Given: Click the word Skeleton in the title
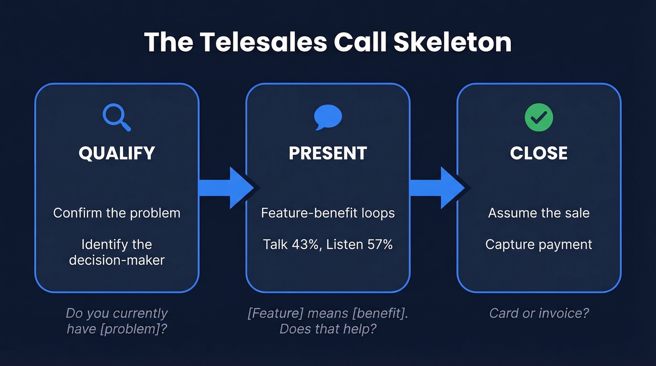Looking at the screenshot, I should point(452,42).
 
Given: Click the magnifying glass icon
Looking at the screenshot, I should point(117,117).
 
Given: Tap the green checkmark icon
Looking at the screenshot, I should point(539,117).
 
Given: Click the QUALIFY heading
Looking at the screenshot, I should point(117,154).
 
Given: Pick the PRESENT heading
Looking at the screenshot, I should point(328,154).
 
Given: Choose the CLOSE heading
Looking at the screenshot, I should point(539,154).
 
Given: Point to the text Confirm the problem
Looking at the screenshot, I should point(117,213).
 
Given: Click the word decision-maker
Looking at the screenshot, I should point(117,260).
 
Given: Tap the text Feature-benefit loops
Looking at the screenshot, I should point(328,213).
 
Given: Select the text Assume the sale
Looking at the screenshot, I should point(539,213).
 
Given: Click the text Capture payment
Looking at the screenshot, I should point(539,244).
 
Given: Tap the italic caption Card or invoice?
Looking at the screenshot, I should point(539,313).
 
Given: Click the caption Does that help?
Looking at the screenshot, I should point(328,329).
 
